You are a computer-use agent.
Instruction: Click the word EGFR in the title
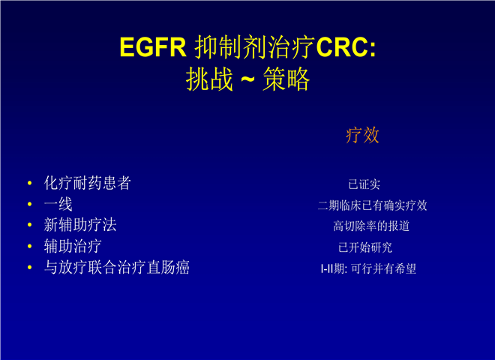(x=153, y=47)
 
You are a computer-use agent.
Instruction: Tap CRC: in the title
(x=346, y=47)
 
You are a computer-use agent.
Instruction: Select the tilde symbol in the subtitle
(x=247, y=79)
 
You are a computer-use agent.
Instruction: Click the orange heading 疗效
(x=362, y=135)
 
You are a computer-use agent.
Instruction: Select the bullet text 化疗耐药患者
(x=88, y=183)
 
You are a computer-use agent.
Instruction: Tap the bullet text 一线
(x=58, y=204)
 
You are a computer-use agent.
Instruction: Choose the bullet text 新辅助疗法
(x=80, y=225)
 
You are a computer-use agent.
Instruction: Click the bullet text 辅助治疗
(x=73, y=246)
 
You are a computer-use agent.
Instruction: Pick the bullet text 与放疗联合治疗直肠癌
(x=117, y=267)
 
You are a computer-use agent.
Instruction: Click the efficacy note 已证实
(x=364, y=184)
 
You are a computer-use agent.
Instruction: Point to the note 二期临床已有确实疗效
(x=373, y=205)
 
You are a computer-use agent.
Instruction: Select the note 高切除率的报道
(x=371, y=226)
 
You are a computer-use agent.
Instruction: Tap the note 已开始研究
(x=365, y=247)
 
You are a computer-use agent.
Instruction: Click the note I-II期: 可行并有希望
(x=368, y=268)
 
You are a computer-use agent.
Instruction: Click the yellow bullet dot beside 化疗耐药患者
(x=30, y=183)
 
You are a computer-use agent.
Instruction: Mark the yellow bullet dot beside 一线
(x=30, y=204)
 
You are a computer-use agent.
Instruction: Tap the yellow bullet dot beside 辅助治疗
(x=30, y=246)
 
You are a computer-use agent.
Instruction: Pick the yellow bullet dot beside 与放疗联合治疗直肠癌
(x=30, y=267)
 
